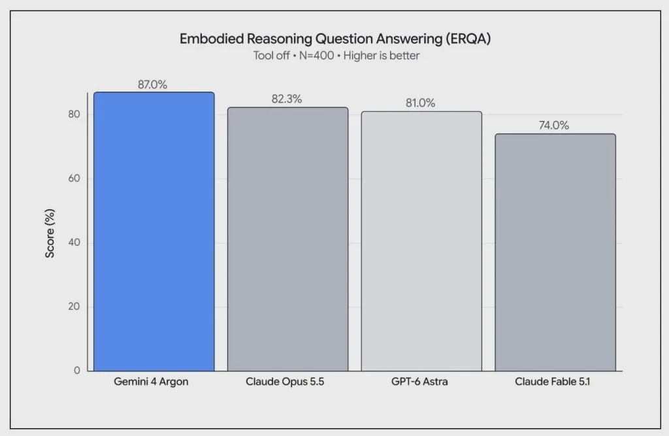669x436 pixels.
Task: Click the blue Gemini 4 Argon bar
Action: pyautogui.click(x=154, y=231)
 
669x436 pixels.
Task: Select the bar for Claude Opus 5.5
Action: pyautogui.click(x=287, y=239)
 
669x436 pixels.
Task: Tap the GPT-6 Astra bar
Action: pyautogui.click(x=421, y=241)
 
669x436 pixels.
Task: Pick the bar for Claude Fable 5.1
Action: pyautogui.click(x=555, y=252)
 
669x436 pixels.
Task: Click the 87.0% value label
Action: pyautogui.click(x=152, y=84)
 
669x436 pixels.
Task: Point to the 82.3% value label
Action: pyautogui.click(x=286, y=99)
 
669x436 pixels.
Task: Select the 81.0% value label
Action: pyautogui.click(x=420, y=103)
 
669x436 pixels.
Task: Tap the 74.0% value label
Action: pyautogui.click(x=554, y=125)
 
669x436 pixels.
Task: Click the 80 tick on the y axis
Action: pyautogui.click(x=74, y=114)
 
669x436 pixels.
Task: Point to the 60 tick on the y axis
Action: pyautogui.click(x=74, y=178)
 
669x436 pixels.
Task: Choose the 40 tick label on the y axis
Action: pyautogui.click(x=74, y=242)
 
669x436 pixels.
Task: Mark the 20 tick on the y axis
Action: pyautogui.click(x=74, y=306)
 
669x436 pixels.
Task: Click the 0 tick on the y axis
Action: pyautogui.click(x=77, y=370)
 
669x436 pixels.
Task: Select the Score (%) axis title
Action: pyautogui.click(x=50, y=233)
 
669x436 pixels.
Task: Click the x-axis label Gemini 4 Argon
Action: pyautogui.click(x=151, y=381)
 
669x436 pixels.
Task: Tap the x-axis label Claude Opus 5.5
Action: pyautogui.click(x=285, y=381)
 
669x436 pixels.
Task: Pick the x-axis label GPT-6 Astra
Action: pyautogui.click(x=419, y=381)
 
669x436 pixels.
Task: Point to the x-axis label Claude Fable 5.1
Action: pyautogui.click(x=552, y=381)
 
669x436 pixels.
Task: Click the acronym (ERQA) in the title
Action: pyautogui.click(x=468, y=39)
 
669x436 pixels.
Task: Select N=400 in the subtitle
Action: pyautogui.click(x=316, y=56)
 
